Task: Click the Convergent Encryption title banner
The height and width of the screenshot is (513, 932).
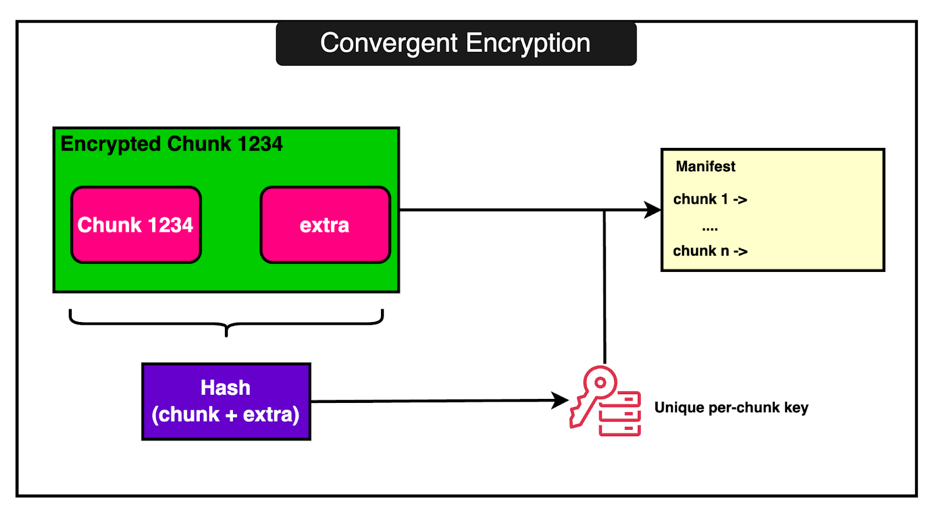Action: [x=456, y=44]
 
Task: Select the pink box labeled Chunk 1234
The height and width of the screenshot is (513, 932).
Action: [x=136, y=225]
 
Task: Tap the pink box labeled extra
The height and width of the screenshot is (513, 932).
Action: [x=325, y=225]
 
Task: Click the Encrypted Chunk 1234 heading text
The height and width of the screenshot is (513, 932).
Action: [x=171, y=144]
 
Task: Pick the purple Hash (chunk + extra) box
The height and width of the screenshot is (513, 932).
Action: [x=226, y=401]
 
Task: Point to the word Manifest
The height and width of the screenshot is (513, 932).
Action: [x=705, y=167]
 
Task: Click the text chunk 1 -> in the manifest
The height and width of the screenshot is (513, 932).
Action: [x=710, y=199]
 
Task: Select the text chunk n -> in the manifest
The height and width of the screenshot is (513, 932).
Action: [x=710, y=251]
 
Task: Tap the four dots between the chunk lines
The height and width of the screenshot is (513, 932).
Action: [x=710, y=229]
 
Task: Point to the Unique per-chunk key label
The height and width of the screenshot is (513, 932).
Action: [x=731, y=408]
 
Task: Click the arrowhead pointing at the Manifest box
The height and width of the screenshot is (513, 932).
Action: [x=653, y=210]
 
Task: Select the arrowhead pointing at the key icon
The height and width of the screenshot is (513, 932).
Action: [x=560, y=400]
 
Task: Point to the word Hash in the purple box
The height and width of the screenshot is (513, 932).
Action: [x=225, y=388]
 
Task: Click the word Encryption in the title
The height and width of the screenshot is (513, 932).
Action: [x=528, y=44]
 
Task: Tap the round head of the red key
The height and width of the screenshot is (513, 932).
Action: [x=600, y=383]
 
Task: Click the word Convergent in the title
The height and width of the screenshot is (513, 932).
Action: [x=389, y=44]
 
